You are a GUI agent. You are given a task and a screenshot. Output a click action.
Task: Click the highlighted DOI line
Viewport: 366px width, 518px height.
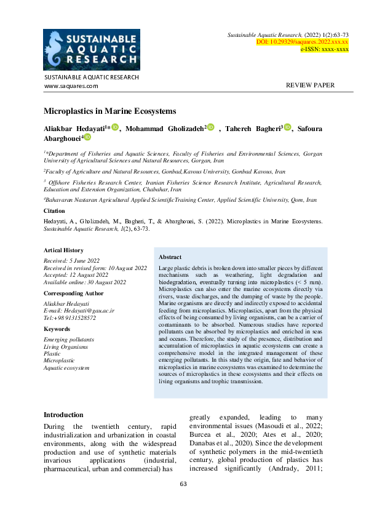pyautogui.click(x=302, y=41)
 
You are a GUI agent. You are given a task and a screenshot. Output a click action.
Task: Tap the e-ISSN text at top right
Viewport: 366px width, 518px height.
pyautogui.click(x=324, y=49)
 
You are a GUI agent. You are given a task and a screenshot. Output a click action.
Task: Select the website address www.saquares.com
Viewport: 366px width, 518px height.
pyautogui.click(x=71, y=86)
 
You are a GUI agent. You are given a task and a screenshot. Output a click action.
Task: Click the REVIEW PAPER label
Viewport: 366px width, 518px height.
pyautogui.click(x=311, y=86)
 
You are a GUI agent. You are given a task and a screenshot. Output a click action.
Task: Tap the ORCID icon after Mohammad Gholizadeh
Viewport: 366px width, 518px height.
pyautogui.click(x=211, y=127)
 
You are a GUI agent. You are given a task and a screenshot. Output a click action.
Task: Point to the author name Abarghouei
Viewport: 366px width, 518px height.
pyautogui.click(x=62, y=138)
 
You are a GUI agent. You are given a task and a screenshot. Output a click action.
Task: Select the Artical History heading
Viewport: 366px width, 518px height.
pyautogui.click(x=63, y=250)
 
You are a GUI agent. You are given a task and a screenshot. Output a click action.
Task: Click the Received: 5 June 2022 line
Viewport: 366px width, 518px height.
pyautogui.click(x=71, y=261)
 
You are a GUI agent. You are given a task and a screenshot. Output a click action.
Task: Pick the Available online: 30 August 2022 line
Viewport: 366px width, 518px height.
pyautogui.click(x=84, y=282)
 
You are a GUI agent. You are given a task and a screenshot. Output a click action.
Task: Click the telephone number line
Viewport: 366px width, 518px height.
pyautogui.click(x=70, y=318)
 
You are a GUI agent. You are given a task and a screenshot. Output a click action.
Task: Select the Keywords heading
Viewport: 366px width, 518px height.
pyautogui.click(x=58, y=329)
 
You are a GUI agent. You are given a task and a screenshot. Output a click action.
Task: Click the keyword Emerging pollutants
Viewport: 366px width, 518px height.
pyautogui.click(x=68, y=339)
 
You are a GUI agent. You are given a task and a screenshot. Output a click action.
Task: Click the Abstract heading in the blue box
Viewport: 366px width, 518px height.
pyautogui.click(x=170, y=257)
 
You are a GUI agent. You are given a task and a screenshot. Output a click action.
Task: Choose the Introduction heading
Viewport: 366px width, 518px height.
pyautogui.click(x=63, y=415)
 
